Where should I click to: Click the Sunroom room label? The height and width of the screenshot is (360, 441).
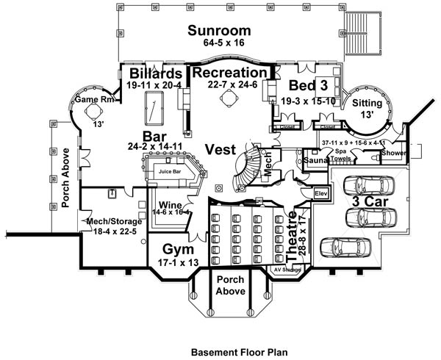(x=219, y=31)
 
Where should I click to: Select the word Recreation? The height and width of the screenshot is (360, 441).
(x=229, y=73)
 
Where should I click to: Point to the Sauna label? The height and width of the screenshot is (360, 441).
(x=315, y=159)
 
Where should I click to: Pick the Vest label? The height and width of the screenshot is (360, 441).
(x=221, y=148)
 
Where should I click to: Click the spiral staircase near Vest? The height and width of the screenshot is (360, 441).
(x=247, y=166)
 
